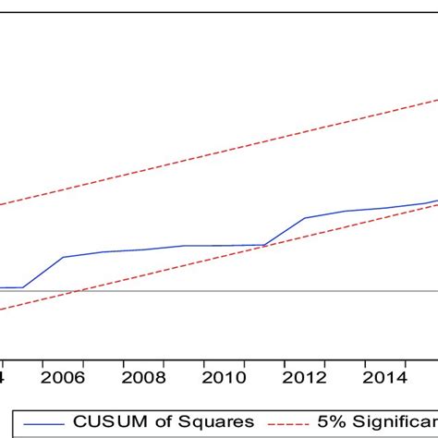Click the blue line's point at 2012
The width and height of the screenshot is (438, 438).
tap(305, 218)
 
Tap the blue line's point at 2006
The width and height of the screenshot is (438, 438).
tap(63, 257)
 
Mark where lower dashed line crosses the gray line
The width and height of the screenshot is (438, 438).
tap(81, 292)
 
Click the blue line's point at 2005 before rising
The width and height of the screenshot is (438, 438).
tap(23, 287)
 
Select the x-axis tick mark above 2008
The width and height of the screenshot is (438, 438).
tap(144, 356)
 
